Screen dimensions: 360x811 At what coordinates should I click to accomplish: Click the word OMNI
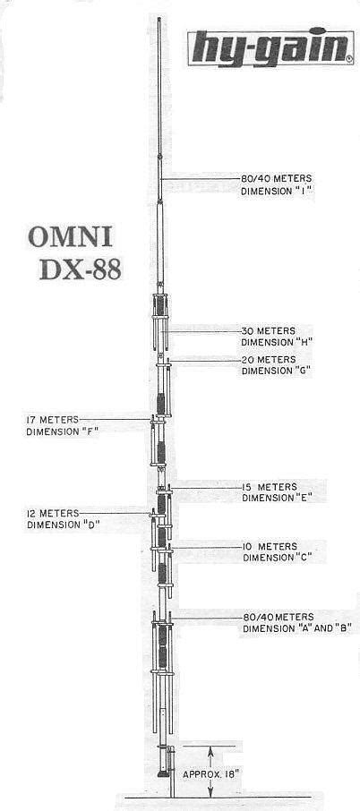69,238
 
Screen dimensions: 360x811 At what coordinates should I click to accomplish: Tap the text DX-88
80,269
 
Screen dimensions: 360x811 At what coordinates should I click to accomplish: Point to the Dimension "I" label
279,191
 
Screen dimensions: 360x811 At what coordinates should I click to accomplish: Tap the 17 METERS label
53,418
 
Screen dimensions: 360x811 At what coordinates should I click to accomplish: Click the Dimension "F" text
62,431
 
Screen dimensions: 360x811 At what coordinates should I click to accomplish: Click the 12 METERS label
53,513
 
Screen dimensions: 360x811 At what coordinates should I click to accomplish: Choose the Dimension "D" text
63,525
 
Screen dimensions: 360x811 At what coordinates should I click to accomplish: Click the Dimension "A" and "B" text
297,629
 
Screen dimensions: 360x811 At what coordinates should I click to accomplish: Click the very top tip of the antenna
159,18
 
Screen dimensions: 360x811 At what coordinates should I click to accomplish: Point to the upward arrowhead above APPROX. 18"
210,752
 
